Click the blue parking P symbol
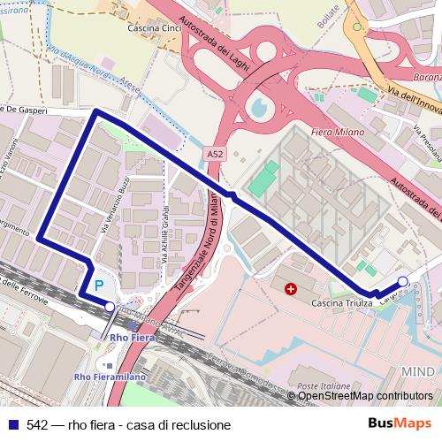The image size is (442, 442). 99,286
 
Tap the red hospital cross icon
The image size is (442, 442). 291,287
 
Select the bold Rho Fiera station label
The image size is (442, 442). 129,337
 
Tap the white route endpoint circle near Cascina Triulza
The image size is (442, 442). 403,282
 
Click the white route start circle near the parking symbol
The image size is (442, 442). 110,306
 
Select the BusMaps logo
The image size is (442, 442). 400,424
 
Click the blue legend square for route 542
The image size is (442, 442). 12,424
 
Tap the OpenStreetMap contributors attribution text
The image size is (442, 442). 365,396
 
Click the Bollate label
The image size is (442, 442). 330,13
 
